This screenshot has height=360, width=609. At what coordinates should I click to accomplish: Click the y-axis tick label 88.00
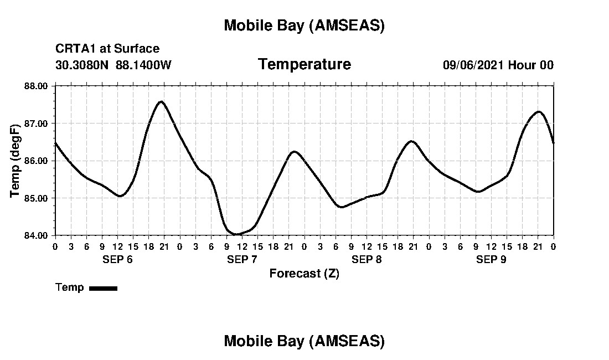point(37,86)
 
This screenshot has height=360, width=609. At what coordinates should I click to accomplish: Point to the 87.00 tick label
point(37,123)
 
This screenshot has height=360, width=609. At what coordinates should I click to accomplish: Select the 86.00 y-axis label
point(37,161)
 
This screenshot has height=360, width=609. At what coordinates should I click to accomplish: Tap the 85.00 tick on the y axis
point(37,198)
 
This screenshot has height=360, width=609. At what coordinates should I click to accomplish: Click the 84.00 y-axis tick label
point(37,235)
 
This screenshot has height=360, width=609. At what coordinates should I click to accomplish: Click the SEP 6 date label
point(117,259)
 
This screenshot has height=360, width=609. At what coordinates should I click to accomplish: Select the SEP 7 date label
point(242,259)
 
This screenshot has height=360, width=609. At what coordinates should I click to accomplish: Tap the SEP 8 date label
point(367,259)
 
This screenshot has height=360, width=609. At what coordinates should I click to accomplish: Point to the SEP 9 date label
point(491,259)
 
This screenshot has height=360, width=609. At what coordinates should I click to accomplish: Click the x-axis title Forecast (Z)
point(304,274)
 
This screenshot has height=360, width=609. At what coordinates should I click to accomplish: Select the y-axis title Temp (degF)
point(16,161)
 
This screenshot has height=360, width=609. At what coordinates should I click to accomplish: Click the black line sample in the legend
point(103,288)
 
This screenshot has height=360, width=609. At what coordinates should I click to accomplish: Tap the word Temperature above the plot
point(304,65)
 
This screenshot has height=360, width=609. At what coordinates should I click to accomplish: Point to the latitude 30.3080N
point(82,65)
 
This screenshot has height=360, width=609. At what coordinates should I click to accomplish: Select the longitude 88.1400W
point(143,65)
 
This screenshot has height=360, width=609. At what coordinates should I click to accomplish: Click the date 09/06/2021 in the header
point(473,65)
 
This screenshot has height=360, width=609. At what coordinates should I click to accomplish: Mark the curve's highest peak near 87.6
point(161,101)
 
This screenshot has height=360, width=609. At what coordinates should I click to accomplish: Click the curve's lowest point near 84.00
point(236,234)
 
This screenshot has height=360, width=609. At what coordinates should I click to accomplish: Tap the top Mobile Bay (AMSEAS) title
point(304,25)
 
